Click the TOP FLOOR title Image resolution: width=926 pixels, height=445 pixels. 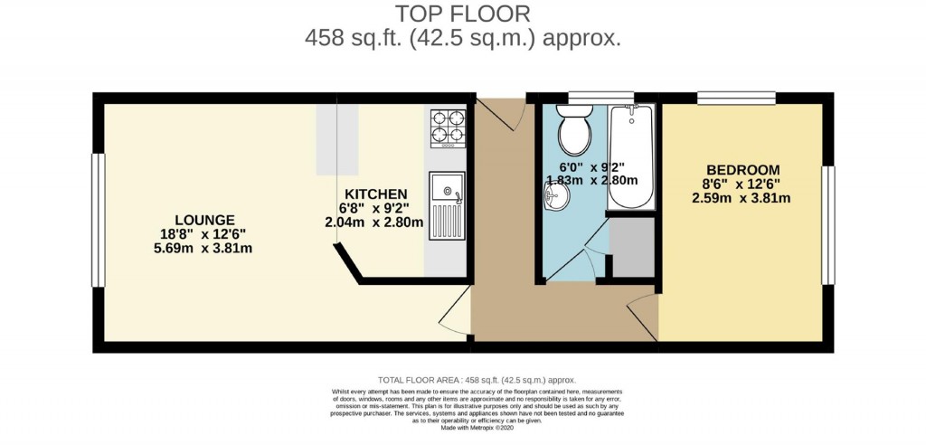tap(462, 14)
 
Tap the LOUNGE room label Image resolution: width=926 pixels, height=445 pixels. tap(205, 220)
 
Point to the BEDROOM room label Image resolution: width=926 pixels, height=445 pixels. tap(742, 170)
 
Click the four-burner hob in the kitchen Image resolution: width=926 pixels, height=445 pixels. tap(448, 128)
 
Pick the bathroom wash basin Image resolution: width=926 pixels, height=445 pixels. tap(556, 194)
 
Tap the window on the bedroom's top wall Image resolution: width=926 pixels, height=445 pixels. tap(736, 96)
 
